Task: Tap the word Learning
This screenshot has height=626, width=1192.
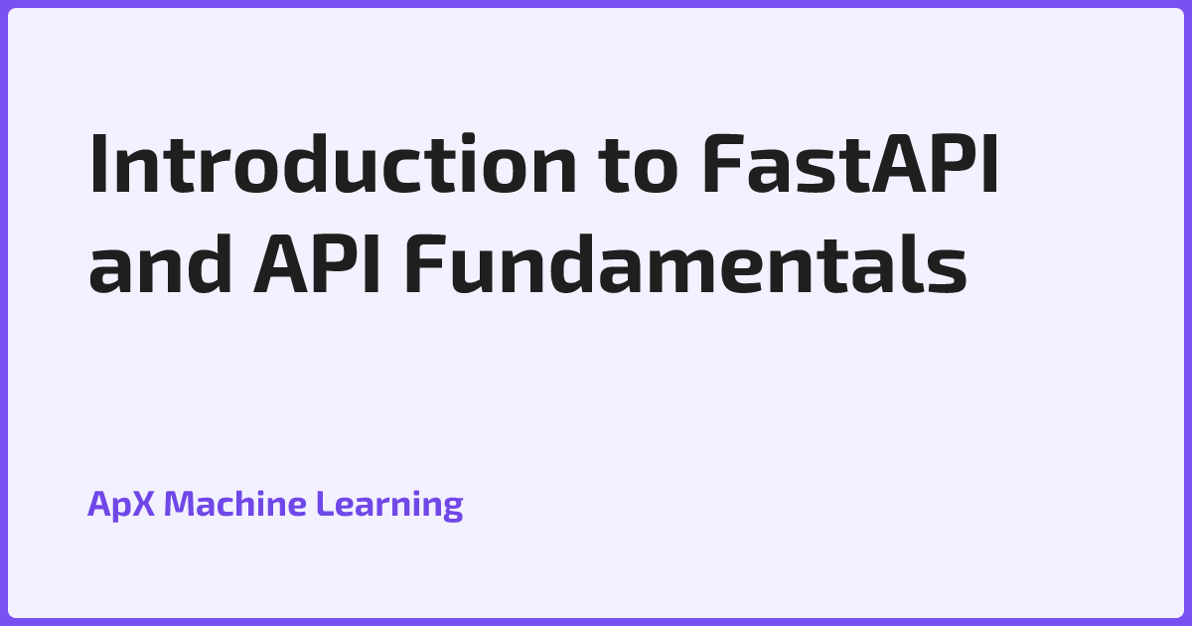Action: coord(389,505)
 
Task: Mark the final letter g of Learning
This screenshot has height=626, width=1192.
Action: coord(452,509)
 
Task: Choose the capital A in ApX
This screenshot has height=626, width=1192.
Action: coord(99,505)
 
